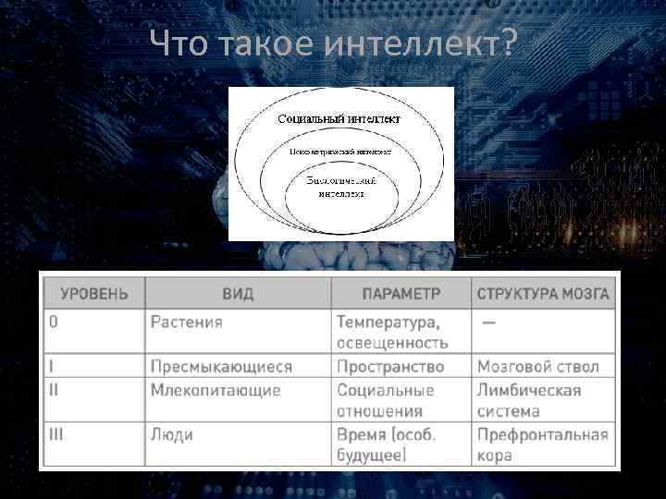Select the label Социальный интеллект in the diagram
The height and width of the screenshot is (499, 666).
(x=339, y=119)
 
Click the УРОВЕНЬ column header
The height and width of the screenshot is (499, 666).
(x=95, y=294)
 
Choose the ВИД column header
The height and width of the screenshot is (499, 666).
(x=238, y=294)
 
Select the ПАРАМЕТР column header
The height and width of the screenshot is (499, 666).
(x=401, y=294)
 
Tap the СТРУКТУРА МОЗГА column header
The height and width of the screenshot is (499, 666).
(x=543, y=294)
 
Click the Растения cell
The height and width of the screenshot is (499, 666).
(x=187, y=323)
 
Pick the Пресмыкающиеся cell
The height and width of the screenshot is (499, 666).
(x=221, y=367)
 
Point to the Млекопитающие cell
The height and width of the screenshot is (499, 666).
(x=216, y=390)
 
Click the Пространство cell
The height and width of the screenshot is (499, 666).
(x=390, y=367)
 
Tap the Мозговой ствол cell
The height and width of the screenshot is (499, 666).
(x=538, y=367)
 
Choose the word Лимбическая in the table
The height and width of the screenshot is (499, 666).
(x=529, y=390)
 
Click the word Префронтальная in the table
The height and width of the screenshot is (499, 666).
(x=543, y=434)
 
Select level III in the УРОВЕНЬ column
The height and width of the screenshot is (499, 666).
(x=56, y=434)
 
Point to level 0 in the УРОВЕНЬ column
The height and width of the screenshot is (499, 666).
(x=54, y=323)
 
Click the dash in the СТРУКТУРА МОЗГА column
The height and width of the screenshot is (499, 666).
(x=487, y=323)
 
